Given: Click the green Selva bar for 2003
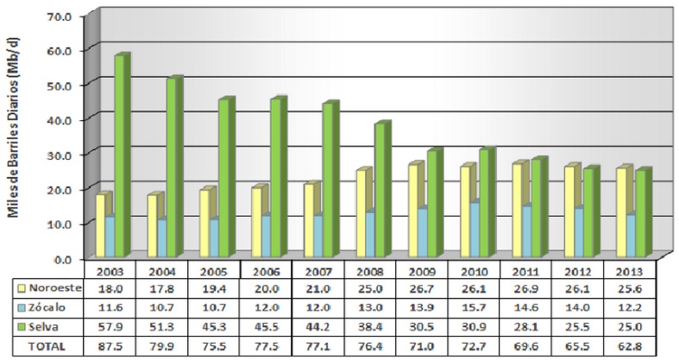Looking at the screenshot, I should [121, 155].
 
